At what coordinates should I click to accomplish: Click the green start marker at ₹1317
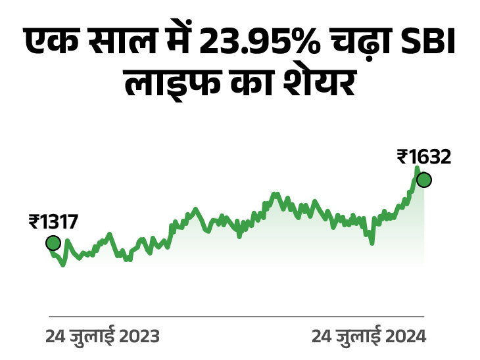pyautogui.click(x=53, y=243)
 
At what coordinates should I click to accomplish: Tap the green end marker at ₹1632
pyautogui.click(x=424, y=179)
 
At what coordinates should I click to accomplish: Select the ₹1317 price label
pyautogui.click(x=53, y=222)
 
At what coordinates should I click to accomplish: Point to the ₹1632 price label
pyautogui.click(x=424, y=158)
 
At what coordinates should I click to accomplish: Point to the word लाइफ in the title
pyautogui.click(x=162, y=86)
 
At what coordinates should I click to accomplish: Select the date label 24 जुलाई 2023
pyautogui.click(x=103, y=336)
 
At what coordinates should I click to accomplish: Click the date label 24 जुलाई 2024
pyautogui.click(x=368, y=336)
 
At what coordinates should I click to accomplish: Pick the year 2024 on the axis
pyautogui.click(x=404, y=336)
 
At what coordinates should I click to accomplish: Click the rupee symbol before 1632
pyautogui.click(x=402, y=158)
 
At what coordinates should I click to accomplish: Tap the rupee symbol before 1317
pyautogui.click(x=34, y=222)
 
